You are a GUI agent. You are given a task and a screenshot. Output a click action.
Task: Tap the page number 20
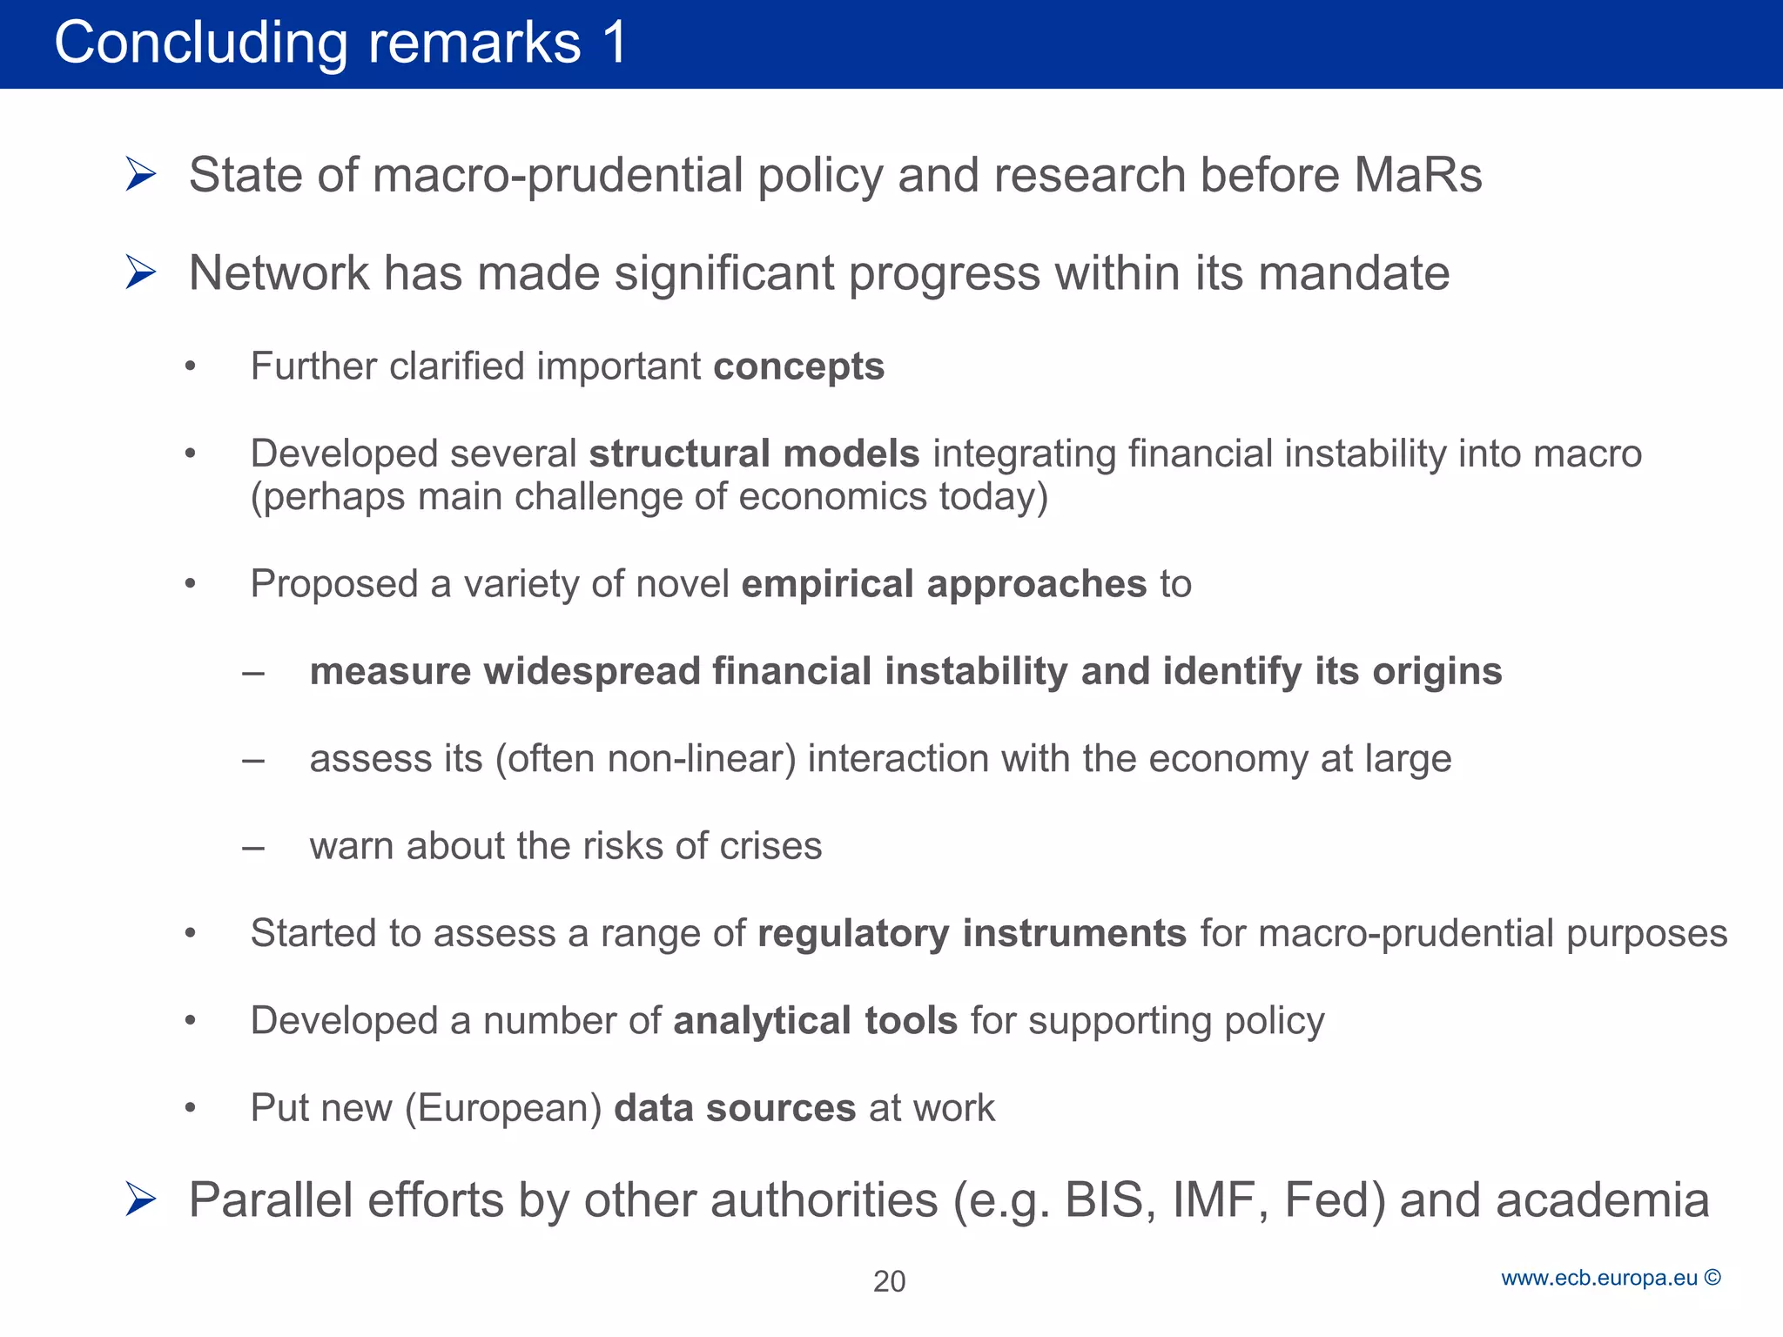889,1281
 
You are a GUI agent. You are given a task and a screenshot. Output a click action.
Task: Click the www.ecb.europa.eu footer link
1599,1278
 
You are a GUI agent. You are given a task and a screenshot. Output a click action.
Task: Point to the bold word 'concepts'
798,366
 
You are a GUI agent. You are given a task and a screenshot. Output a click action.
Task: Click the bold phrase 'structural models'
754,454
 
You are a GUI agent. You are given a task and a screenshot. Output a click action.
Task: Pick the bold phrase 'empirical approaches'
944,584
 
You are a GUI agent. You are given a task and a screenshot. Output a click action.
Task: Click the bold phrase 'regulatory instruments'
972,933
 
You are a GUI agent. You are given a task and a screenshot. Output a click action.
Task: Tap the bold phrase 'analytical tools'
815,1020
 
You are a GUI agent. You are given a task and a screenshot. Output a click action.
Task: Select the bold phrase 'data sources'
735,1108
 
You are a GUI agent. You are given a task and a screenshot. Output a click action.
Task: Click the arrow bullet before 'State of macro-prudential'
140,174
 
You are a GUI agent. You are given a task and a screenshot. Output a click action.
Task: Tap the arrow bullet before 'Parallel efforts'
140,1199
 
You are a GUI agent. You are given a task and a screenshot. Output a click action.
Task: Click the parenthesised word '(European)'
503,1108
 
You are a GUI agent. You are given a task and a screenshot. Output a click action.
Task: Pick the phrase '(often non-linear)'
645,759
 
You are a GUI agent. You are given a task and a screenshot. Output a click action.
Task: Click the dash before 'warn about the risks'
253,847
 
